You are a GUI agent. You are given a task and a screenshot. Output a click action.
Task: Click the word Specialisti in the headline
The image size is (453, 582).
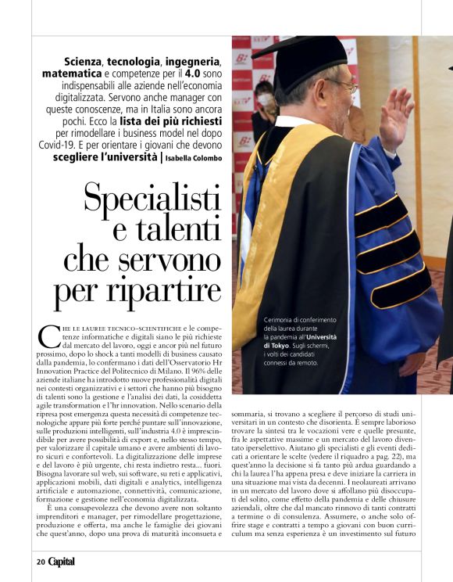152,199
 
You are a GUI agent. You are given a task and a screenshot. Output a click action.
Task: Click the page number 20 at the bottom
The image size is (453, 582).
39,562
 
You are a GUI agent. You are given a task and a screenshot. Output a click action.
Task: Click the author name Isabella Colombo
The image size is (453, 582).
194,158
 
